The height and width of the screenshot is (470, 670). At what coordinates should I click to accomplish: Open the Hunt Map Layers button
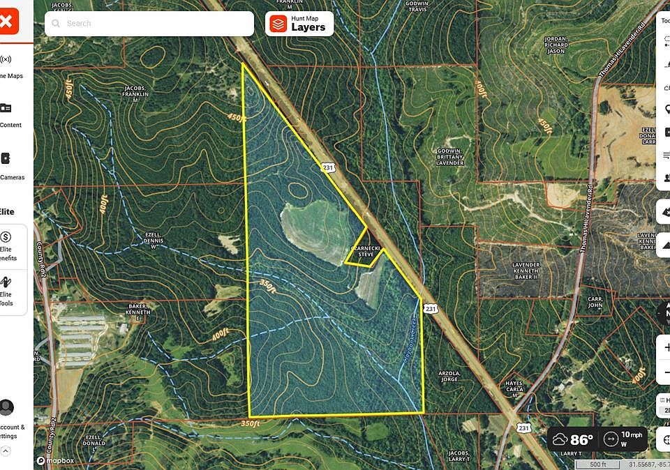click(299, 24)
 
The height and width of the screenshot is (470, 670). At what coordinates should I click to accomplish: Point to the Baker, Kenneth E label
click(138, 311)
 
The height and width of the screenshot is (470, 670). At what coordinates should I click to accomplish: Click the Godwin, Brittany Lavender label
click(450, 157)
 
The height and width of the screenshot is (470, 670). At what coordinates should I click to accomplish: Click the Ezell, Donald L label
click(94, 441)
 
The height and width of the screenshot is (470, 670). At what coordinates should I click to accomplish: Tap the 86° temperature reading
click(572, 439)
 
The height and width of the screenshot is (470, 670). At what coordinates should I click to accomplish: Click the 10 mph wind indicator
click(624, 439)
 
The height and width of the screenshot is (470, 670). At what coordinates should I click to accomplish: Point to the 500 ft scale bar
click(598, 464)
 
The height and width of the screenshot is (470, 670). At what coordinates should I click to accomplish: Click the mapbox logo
click(55, 460)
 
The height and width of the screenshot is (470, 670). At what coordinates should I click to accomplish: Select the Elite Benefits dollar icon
click(6, 238)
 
